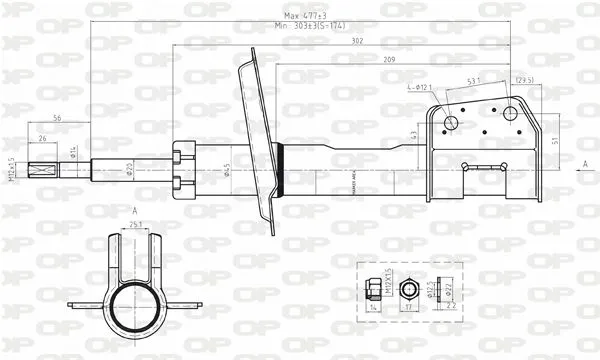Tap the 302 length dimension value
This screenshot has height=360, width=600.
pos(358,43)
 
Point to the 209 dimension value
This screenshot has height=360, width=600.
pos(390,62)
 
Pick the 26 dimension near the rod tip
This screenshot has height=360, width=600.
pos(41,138)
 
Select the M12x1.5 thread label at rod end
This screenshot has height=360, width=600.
pos(11,170)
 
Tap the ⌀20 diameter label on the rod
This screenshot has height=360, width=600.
pos(130,169)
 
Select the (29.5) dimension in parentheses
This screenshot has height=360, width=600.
pos(525,80)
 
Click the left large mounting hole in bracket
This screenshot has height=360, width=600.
pos(451,123)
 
